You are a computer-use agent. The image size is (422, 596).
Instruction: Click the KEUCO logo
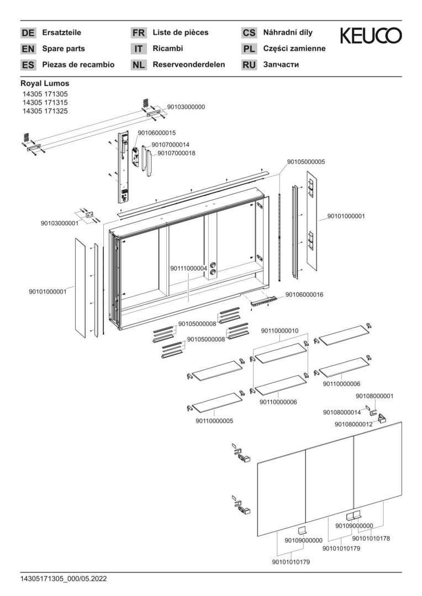click(371, 36)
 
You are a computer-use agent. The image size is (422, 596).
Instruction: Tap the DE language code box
click(28, 33)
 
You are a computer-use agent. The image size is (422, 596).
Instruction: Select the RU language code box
click(249, 65)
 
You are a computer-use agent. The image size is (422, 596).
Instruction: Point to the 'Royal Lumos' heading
click(45, 84)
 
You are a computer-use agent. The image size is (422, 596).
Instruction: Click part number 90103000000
click(186, 107)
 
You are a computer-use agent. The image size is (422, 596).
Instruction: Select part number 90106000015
click(157, 133)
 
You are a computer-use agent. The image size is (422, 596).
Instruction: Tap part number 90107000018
click(176, 153)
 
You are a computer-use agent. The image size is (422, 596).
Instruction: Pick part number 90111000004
click(189, 268)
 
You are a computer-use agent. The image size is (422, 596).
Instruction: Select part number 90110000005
click(214, 421)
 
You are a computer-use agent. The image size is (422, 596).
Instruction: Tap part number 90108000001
click(374, 396)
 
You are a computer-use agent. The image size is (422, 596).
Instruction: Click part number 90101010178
click(371, 538)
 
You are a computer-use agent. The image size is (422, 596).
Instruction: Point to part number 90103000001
click(59, 223)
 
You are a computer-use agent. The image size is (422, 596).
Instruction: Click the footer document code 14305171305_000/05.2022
click(64, 579)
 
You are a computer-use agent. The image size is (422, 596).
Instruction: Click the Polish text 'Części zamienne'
click(294, 49)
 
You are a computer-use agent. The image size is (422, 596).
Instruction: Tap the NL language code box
click(139, 65)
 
